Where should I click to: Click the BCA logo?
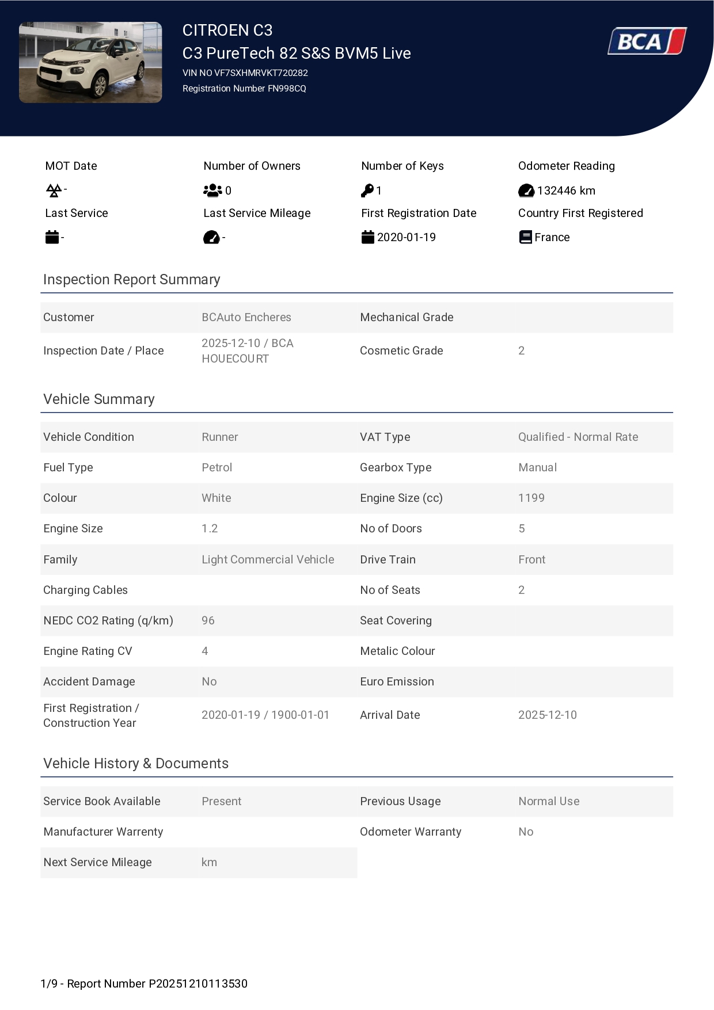[x=647, y=41]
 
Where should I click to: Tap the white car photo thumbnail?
[x=90, y=63]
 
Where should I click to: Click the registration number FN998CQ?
[x=287, y=89]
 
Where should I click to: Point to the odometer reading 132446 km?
[x=566, y=190]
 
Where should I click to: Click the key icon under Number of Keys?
[x=367, y=190]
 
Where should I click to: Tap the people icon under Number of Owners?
[x=212, y=190]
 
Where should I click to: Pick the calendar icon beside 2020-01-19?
[x=368, y=237]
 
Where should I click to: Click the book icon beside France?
[x=525, y=237]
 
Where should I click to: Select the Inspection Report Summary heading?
[x=132, y=280]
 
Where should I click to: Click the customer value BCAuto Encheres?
[x=246, y=318]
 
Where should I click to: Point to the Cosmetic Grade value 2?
[x=522, y=351]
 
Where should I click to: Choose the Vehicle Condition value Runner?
[x=220, y=437]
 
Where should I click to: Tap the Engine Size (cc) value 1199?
[x=531, y=498]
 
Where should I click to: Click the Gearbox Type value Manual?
[x=538, y=468]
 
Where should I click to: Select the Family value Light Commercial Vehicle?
[x=268, y=560]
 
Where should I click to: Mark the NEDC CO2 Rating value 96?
[x=208, y=621]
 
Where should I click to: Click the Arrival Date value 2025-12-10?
[x=548, y=715]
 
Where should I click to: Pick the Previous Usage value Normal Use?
[x=549, y=802]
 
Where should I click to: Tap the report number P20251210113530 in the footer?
[x=198, y=984]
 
